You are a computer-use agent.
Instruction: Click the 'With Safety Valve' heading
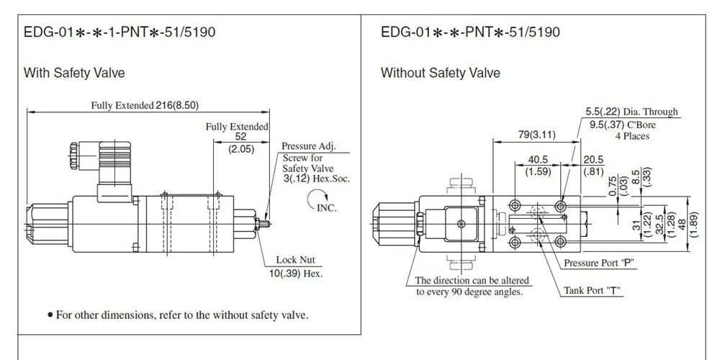74,73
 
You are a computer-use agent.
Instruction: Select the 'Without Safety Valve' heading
441,73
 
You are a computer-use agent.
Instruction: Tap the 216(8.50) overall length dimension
177,105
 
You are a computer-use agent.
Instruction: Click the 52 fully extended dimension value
240,136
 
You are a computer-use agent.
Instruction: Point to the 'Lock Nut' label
295,261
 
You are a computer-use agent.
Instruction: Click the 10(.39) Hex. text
296,274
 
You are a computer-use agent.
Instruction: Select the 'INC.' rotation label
326,207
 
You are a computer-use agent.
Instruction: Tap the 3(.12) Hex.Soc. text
316,179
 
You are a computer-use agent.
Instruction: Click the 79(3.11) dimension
537,135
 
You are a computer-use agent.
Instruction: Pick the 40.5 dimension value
538,160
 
